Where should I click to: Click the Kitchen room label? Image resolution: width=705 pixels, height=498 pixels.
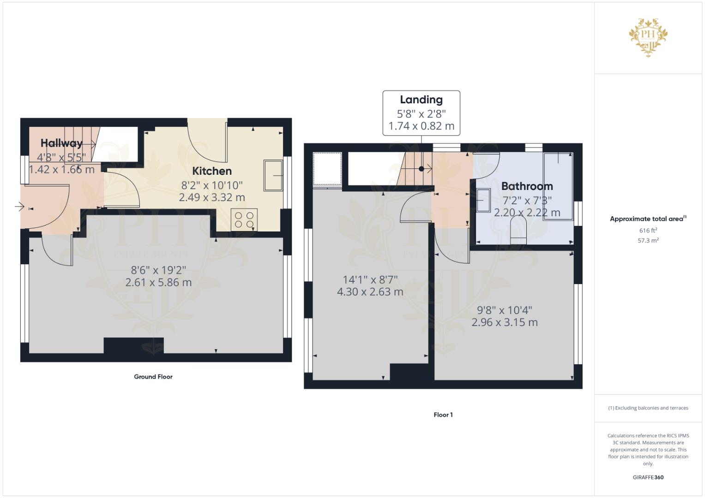[212, 171]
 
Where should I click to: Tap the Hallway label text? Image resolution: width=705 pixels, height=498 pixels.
[61, 143]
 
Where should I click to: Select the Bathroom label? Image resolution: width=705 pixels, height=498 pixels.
[527, 186]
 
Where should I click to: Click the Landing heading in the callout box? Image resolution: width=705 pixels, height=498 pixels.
[421, 100]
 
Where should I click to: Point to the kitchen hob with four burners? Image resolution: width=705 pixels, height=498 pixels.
[244, 219]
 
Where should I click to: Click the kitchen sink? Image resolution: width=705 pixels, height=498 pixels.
[273, 175]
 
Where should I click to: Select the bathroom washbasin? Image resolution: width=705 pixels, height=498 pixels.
[483, 200]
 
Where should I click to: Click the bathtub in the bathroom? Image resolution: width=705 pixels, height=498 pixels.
[558, 186]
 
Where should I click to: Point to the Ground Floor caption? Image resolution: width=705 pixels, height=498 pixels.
[153, 377]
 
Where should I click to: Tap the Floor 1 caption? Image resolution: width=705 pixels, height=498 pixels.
[443, 415]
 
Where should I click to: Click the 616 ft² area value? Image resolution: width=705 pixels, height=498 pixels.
[648, 231]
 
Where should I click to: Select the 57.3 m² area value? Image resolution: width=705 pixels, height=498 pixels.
[648, 241]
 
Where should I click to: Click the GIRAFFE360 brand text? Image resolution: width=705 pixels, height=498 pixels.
[648, 477]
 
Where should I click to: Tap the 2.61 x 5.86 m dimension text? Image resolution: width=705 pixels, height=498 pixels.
[158, 282]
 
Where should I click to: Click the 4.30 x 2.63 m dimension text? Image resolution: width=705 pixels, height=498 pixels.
[370, 292]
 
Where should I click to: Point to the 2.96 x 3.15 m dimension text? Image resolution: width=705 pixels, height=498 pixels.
[505, 322]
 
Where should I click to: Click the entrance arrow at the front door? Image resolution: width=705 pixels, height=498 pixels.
[19, 207]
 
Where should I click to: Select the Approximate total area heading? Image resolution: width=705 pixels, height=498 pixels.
[648, 219]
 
